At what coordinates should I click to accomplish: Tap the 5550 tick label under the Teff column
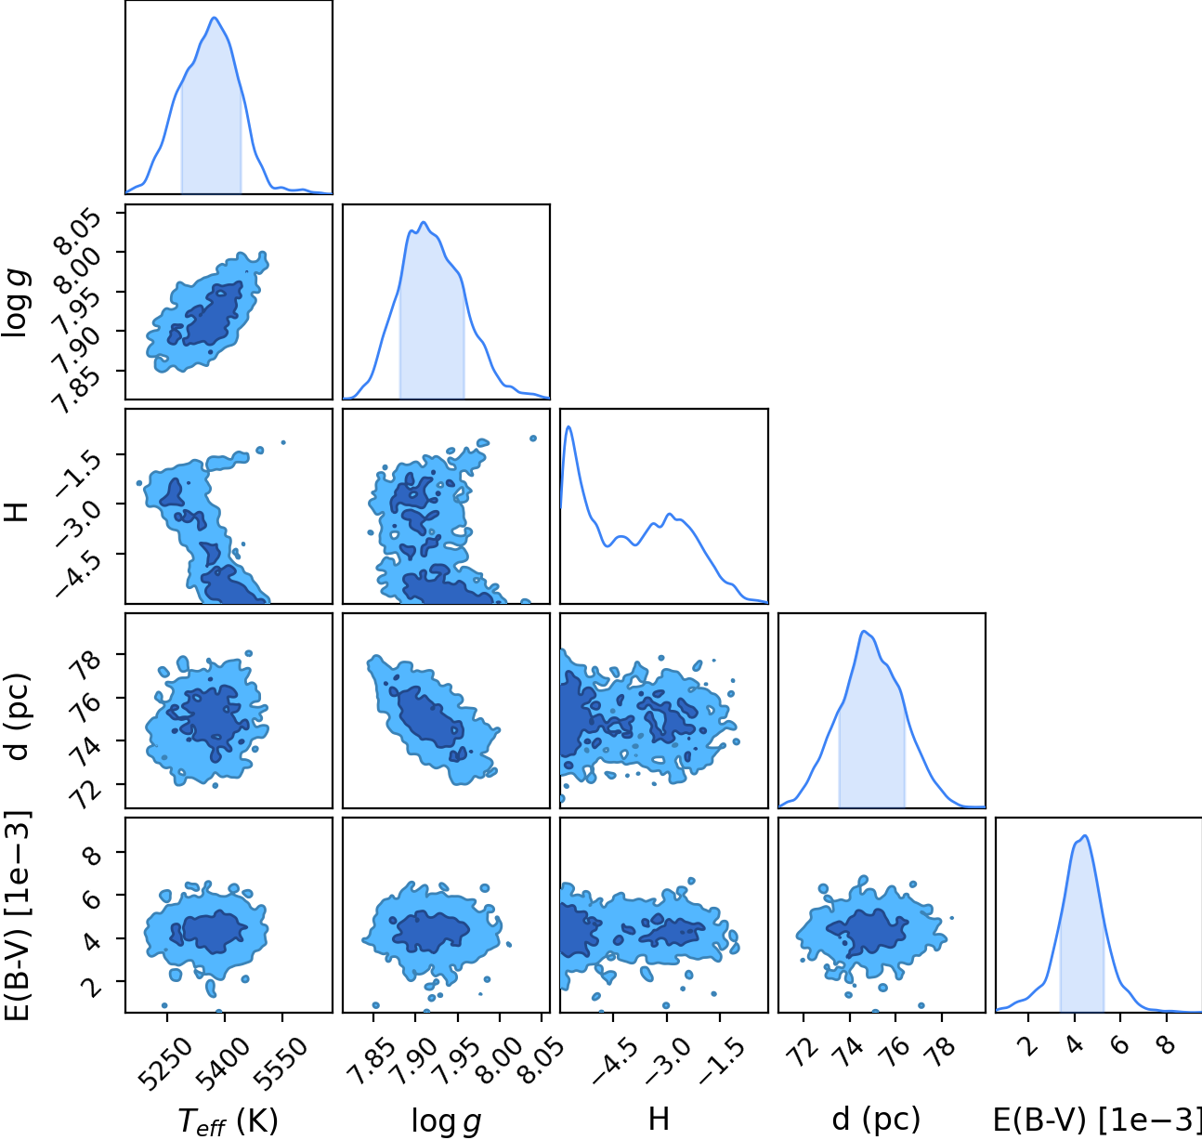(x=280, y=1066)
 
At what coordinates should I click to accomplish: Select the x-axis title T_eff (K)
(x=228, y=1120)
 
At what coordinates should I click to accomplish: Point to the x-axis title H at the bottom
(x=659, y=1120)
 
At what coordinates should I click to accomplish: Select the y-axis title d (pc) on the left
(x=17, y=716)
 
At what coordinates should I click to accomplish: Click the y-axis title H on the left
(x=19, y=512)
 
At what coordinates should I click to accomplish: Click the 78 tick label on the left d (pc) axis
(x=85, y=663)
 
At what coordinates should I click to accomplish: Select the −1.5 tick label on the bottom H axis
(x=723, y=1062)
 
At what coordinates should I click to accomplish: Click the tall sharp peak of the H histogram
(x=569, y=426)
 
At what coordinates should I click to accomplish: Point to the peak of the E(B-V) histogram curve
(x=1085, y=835)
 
